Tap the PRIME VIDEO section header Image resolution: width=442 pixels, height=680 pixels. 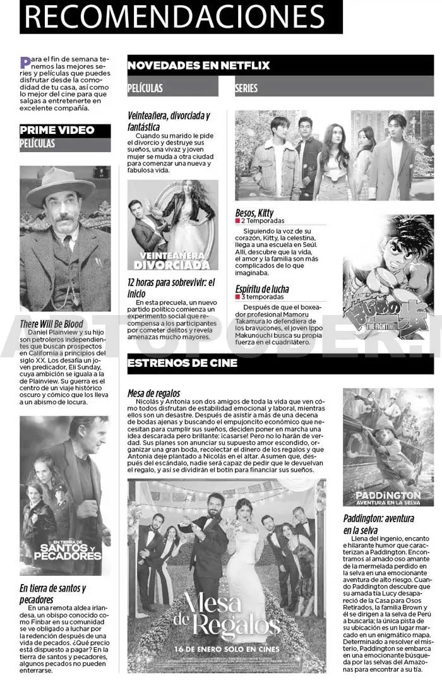click(57, 130)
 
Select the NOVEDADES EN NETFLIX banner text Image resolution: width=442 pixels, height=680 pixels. click(198, 65)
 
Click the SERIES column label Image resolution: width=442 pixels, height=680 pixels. click(246, 88)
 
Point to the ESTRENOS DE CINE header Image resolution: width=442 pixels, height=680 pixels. click(182, 363)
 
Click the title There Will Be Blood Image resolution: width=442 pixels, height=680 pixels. click(52, 323)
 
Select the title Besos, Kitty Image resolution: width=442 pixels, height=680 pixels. click(254, 213)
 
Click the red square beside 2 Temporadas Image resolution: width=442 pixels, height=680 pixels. click(238, 222)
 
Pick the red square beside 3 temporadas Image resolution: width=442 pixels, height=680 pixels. click(238, 297)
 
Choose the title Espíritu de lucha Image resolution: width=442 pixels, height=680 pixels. click(261, 289)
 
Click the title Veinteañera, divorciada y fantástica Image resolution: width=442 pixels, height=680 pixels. click(168, 121)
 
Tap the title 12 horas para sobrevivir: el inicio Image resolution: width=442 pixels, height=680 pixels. click(170, 288)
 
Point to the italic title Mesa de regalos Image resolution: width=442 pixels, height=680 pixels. click(153, 393)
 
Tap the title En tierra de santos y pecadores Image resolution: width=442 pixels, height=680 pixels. click(52, 593)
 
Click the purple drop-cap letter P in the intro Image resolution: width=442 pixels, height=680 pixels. click(25, 62)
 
